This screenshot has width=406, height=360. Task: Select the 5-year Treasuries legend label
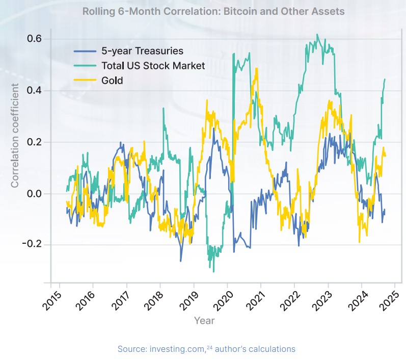click(x=142, y=51)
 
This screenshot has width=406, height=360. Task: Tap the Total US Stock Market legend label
click(x=153, y=66)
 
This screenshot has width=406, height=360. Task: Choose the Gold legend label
click(x=112, y=81)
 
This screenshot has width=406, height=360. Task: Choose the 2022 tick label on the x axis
click(x=286, y=300)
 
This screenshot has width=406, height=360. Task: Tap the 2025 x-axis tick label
click(x=387, y=300)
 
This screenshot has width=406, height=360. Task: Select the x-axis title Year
click(x=204, y=320)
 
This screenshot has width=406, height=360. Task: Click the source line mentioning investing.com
click(x=206, y=349)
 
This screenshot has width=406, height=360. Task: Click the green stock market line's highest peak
click(x=317, y=35)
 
